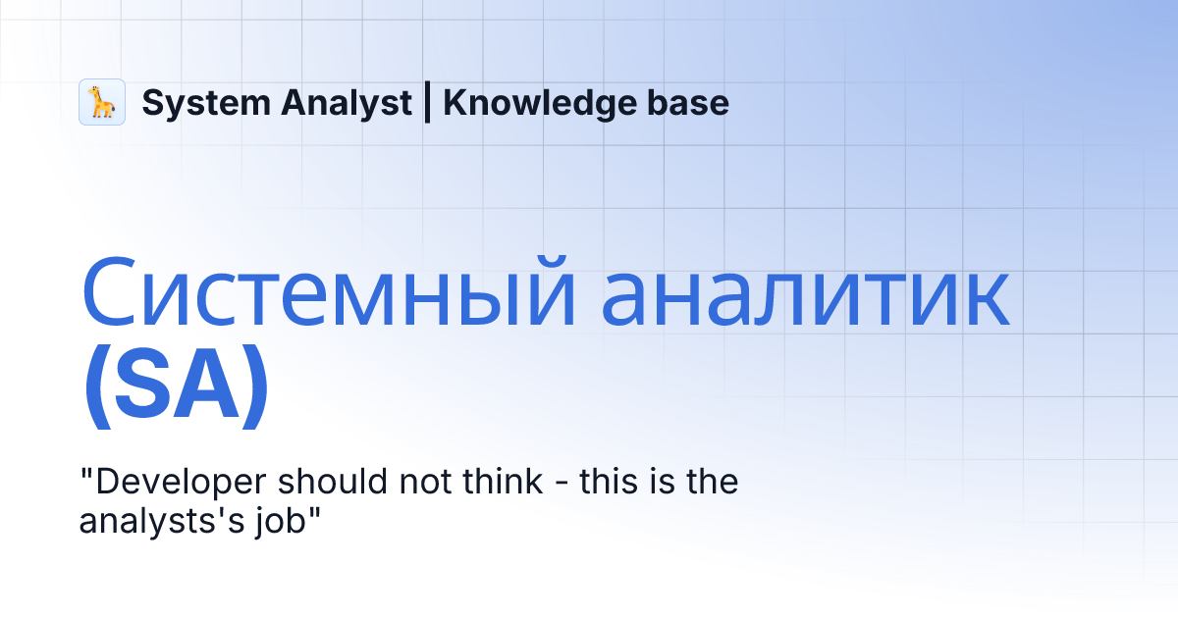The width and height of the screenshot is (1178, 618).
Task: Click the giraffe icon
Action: [102, 102]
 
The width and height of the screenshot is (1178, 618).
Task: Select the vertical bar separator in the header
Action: [427, 103]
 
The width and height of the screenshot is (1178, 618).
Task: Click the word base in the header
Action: [691, 103]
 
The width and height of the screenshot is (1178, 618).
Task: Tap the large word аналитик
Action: [805, 293]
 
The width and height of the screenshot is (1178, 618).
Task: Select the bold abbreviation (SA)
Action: [176, 389]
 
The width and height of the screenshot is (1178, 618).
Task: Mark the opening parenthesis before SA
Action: [96, 389]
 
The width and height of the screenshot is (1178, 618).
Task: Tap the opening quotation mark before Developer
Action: [84, 473]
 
